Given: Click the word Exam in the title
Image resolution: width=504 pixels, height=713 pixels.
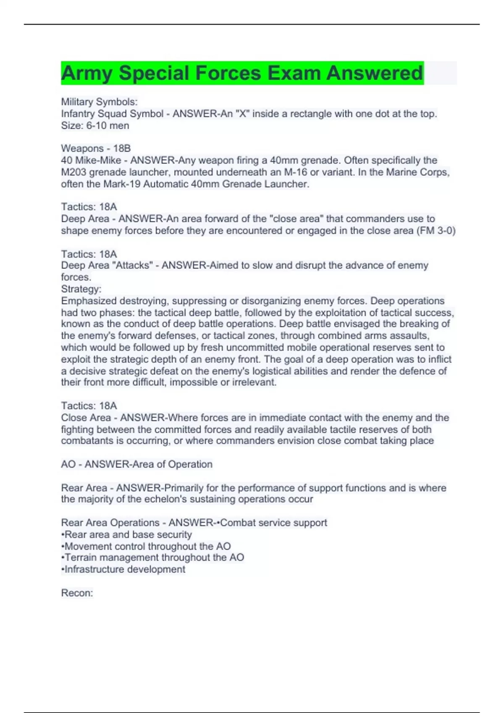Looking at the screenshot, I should pyautogui.click(x=294, y=73).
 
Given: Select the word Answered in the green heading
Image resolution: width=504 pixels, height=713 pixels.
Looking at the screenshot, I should pyautogui.click(x=375, y=73).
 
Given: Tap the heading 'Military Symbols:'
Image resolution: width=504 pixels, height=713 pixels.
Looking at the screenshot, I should pyautogui.click(x=99, y=102).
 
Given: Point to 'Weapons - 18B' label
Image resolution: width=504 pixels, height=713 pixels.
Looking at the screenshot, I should pyautogui.click(x=96, y=148).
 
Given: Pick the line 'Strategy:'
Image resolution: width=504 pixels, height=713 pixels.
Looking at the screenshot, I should pyautogui.click(x=81, y=289).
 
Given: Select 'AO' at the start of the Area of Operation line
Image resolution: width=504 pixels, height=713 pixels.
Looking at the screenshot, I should pyautogui.click(x=68, y=464).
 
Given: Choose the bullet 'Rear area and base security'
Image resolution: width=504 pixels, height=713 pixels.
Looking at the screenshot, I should pyautogui.click(x=126, y=534).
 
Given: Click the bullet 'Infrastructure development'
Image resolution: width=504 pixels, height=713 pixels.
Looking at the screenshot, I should pyautogui.click(x=123, y=569).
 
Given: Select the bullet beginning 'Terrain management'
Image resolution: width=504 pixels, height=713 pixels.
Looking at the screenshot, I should pyautogui.click(x=152, y=557).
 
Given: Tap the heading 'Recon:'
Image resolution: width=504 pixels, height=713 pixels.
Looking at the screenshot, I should pyautogui.click(x=77, y=593).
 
